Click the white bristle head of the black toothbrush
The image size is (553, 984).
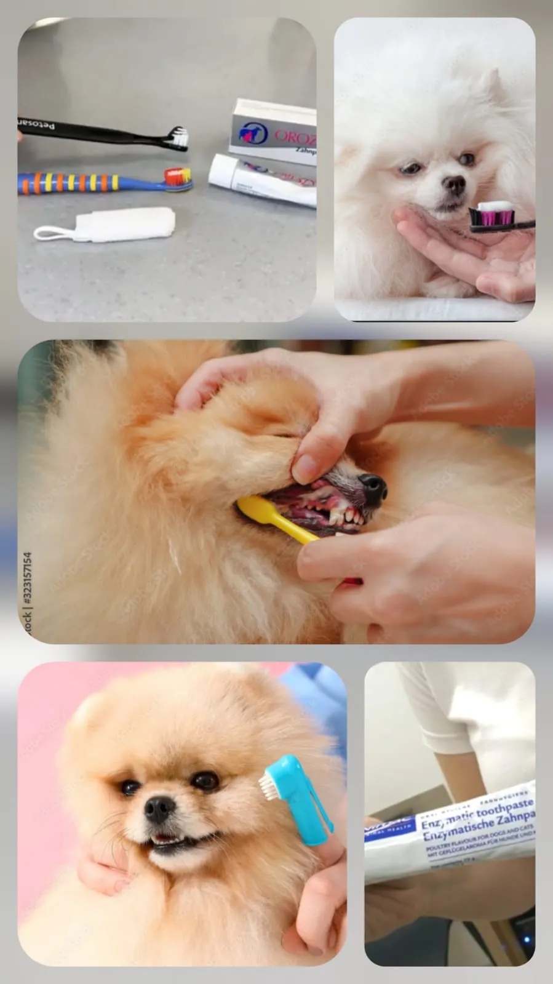coord(178,138)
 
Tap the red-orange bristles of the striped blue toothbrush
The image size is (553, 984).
coord(178,177)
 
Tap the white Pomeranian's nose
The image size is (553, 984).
coord(455,184)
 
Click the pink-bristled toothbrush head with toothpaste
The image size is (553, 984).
coord(492,215)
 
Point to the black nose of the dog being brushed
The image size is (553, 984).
coord(373,486)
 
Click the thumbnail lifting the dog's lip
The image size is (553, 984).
coord(304,468)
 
